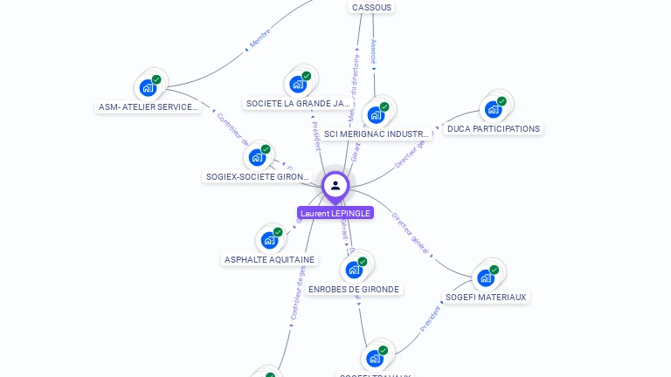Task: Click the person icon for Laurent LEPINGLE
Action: coord(335,185)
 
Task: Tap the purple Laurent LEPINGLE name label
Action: coord(335,213)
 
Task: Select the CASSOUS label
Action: coord(371,7)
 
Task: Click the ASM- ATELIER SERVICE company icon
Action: coord(149,87)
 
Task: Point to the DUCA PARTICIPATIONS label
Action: coord(494,129)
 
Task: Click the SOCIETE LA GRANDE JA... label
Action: coord(298,103)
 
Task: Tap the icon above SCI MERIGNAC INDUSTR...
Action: coord(376,114)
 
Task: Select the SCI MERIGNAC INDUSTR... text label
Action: coord(376,134)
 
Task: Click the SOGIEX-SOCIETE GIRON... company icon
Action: coord(257,157)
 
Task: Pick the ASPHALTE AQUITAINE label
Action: coord(269,260)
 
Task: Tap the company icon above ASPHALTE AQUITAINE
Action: coord(269,240)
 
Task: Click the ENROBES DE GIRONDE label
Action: coord(354,290)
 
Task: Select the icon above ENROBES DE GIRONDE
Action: coord(354,270)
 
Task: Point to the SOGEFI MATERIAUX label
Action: coord(486,297)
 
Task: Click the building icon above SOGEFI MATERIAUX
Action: coord(486,278)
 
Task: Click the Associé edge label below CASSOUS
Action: coord(374,52)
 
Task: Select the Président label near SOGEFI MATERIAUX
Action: coord(430,319)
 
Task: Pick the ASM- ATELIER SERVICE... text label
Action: coord(149,107)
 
